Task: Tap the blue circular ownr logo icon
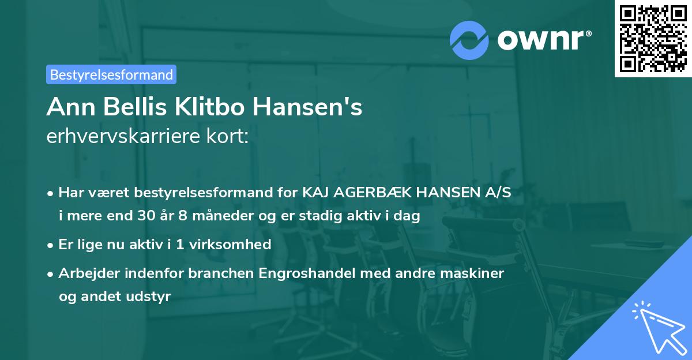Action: click(469, 39)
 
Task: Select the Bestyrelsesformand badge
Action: click(111, 74)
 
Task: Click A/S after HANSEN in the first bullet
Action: click(498, 193)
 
